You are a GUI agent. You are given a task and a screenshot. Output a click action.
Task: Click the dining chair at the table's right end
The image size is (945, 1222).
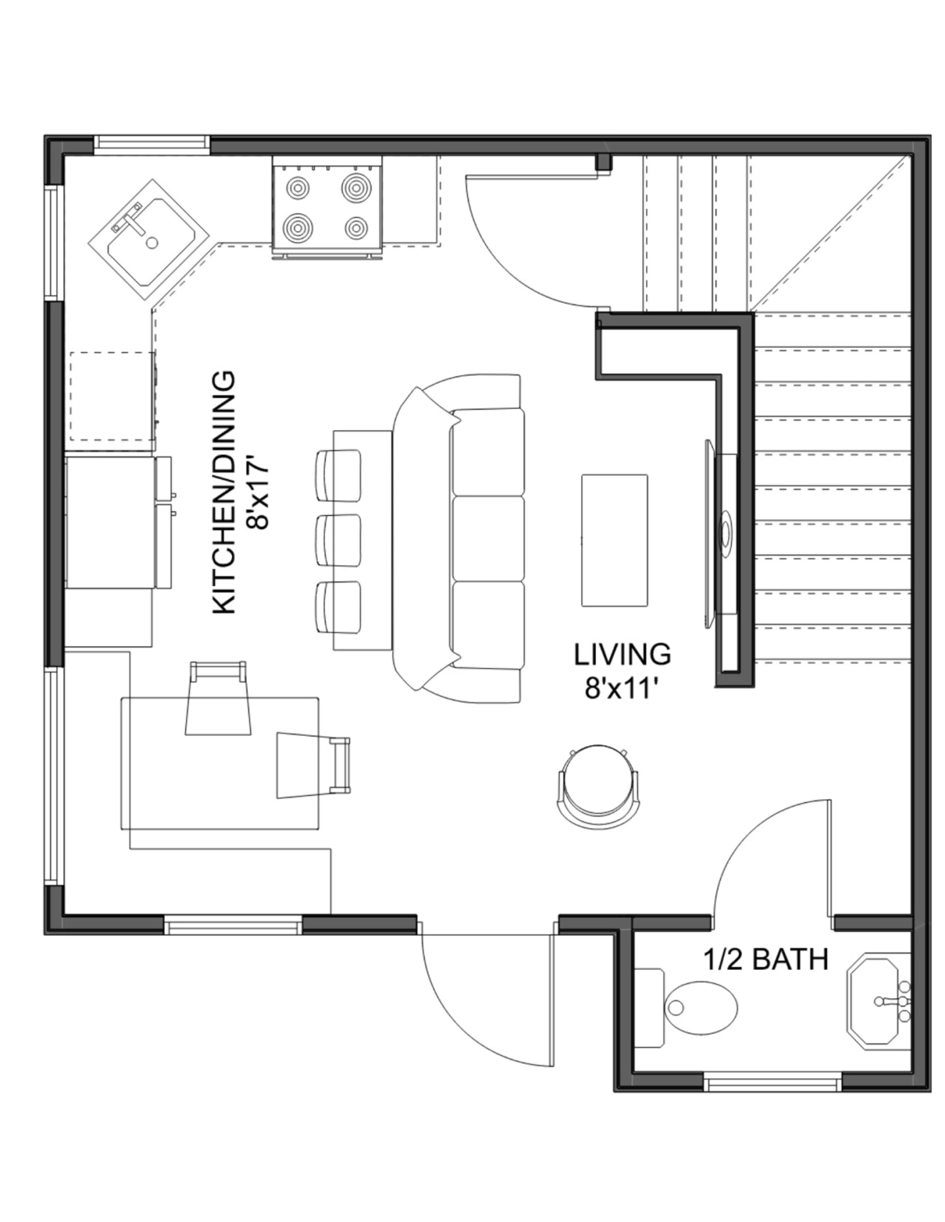[314, 765]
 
